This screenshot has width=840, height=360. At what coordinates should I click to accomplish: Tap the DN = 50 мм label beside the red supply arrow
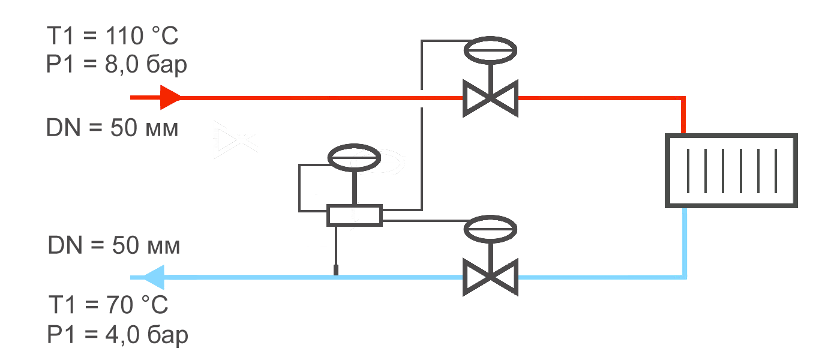pyautogui.click(x=112, y=128)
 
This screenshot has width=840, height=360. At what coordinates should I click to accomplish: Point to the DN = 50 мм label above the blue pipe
pyautogui.click(x=113, y=246)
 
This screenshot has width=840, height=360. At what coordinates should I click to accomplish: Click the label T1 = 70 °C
pyautogui.click(x=108, y=305)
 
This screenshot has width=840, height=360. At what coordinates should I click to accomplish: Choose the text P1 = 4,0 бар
pyautogui.click(x=118, y=335)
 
